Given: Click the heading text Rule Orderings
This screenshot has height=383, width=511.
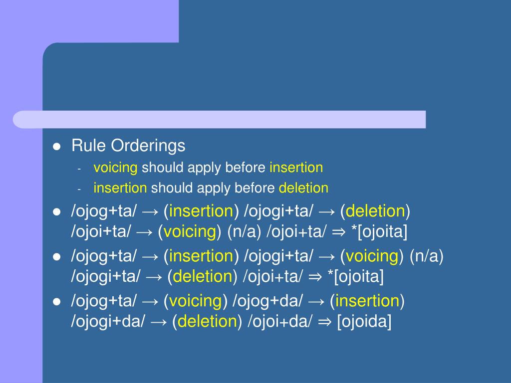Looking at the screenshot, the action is point(128,146).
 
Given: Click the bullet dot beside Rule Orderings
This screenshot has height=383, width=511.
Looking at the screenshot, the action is point(57,147).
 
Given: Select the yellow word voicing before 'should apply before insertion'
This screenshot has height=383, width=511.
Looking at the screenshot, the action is point(115,168).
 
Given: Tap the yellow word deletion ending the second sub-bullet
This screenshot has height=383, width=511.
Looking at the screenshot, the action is point(303,188).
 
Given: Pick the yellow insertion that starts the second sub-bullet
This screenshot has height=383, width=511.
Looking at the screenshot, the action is point(120,188).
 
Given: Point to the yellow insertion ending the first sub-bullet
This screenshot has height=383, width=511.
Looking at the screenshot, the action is point(296,168).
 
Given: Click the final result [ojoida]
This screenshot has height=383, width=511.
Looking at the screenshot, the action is point(364,322).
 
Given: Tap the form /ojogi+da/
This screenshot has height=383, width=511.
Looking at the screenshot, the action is point(108,322).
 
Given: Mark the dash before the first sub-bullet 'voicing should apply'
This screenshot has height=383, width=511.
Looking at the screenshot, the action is point(79,169).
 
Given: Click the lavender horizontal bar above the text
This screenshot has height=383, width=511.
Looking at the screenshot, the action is point(220,120).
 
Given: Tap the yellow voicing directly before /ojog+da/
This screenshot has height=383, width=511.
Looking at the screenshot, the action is point(195,301).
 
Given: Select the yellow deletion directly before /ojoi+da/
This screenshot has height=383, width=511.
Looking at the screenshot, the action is point(207,322).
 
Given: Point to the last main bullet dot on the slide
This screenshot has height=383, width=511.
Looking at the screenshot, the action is point(57,302).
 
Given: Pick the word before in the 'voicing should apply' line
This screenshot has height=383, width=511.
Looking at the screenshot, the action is point(245,168).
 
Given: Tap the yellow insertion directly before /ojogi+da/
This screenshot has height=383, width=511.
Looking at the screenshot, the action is point(366,301).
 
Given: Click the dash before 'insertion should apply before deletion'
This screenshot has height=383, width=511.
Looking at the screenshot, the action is point(79,190).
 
